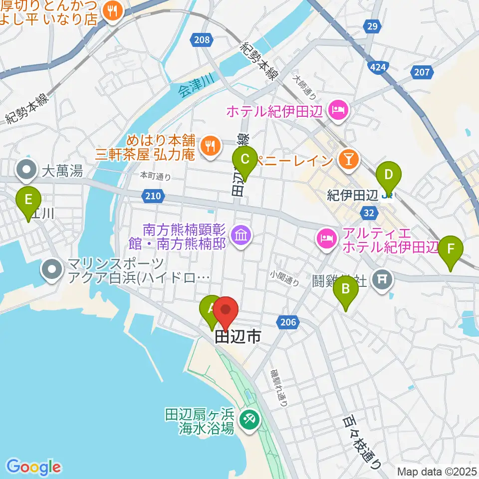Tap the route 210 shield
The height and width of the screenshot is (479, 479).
(x=154, y=196)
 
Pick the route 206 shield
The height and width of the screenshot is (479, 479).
(x=289, y=323)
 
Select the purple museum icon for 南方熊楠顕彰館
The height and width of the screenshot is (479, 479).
(x=241, y=234)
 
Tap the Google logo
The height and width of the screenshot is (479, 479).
(x=33, y=467)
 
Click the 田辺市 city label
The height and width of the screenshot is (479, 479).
(x=238, y=338)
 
